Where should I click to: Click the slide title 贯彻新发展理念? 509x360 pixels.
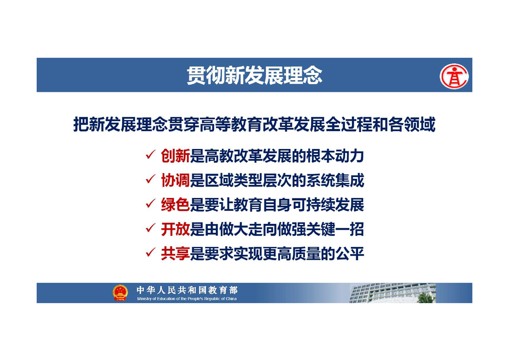coord(254,75)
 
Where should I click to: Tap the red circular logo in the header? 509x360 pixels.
coord(454,76)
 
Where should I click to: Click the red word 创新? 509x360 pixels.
coord(175,156)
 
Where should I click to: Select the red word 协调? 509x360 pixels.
coord(175,180)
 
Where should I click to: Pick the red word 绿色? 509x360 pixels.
coord(175,205)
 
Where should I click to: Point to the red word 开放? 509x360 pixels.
coord(175,229)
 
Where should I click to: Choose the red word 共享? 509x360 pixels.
coord(175,253)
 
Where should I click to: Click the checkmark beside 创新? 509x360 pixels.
coord(150,155)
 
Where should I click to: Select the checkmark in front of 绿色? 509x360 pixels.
coord(150,203)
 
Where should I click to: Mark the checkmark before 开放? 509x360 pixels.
coord(150,228)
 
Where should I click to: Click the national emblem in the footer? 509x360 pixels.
coord(120,292)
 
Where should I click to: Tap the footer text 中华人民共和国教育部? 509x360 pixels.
coord(187,290)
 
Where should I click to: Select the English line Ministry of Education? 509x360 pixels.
coord(186,299)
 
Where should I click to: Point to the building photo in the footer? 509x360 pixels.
coord(392,293)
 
